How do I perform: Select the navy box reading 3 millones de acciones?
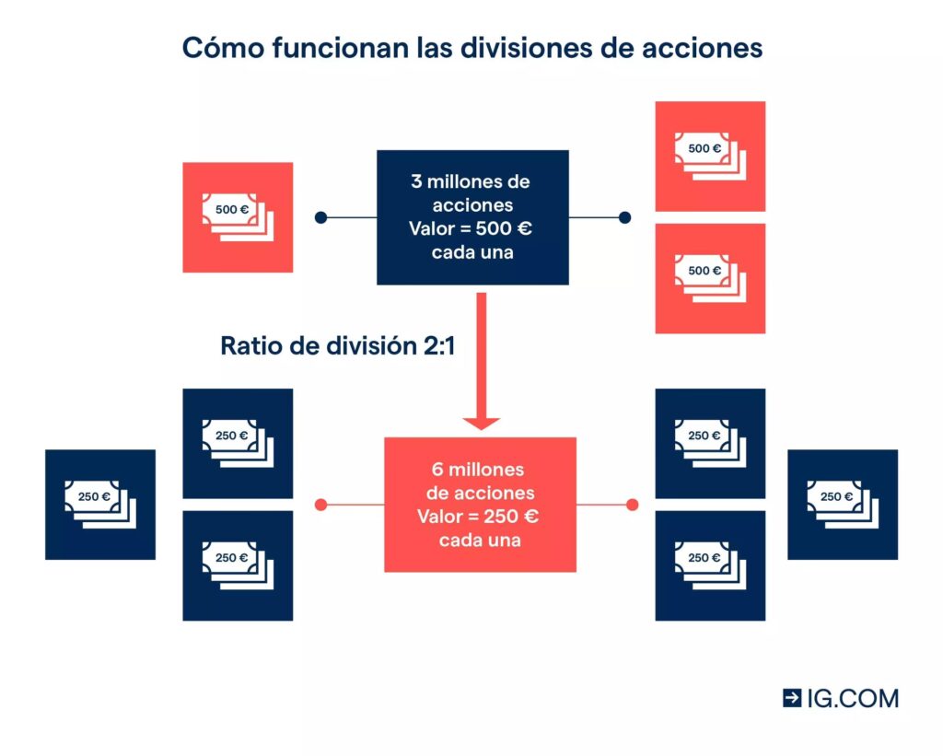click(472, 217)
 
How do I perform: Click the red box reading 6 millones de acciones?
click(480, 505)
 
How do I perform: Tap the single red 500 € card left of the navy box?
click(238, 217)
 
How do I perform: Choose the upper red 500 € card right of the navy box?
click(710, 157)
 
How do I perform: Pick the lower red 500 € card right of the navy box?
click(710, 278)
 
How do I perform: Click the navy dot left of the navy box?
click(320, 218)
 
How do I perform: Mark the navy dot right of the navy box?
click(624, 218)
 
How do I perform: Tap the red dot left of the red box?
click(321, 505)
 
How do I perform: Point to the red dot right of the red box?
click(633, 505)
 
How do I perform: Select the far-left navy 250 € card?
click(100, 505)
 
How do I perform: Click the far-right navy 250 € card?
click(843, 505)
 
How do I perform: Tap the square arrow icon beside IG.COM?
click(792, 698)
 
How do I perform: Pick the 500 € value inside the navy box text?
click(506, 228)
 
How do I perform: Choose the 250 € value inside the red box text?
click(509, 517)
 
